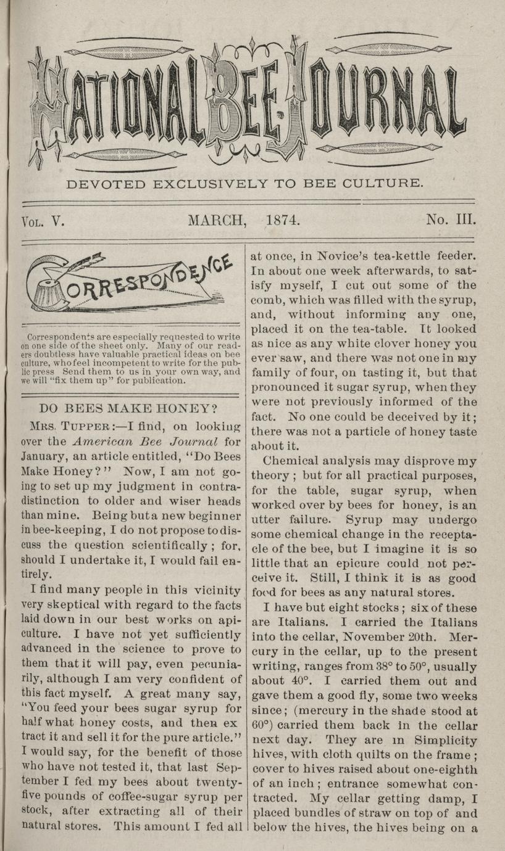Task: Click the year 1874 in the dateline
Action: pos(283,220)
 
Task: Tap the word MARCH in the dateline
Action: pos(217,220)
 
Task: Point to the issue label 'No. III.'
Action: pos(450,220)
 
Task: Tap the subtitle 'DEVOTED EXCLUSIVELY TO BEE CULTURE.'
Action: pos(245,183)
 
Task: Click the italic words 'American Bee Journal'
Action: pos(144,441)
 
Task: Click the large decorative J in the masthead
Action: pos(289,102)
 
